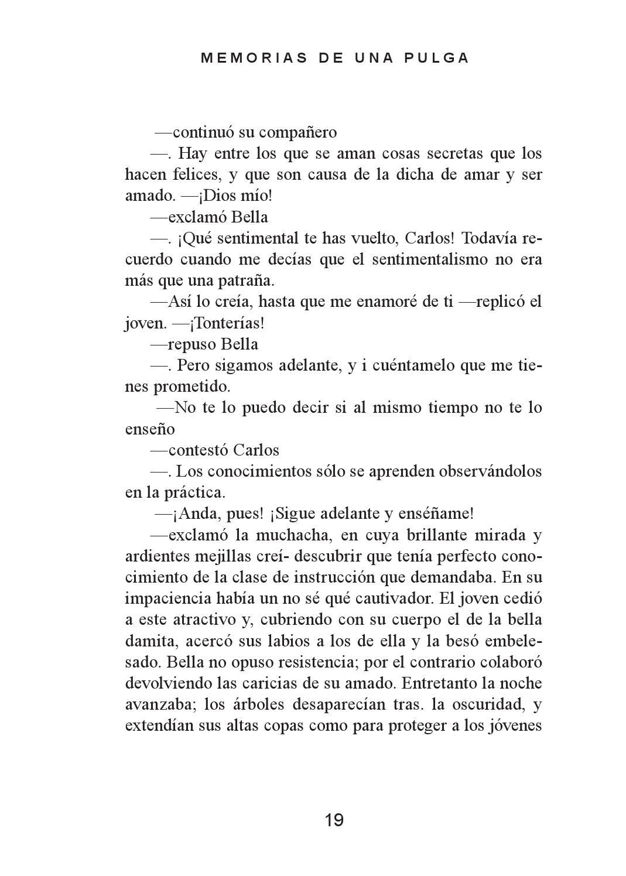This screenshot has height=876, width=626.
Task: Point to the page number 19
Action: coord(334,820)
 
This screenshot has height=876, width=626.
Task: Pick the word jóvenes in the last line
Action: coord(514,726)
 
